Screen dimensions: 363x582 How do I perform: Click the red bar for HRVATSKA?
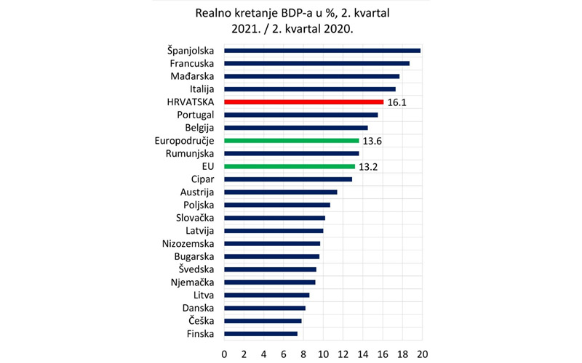(x=303, y=102)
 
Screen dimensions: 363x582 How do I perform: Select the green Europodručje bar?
(x=291, y=141)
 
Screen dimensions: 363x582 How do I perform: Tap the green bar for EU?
(x=290, y=166)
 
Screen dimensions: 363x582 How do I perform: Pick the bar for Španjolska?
(x=322, y=51)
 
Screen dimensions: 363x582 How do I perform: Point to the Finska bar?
(x=260, y=334)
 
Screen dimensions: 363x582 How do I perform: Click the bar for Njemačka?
(x=269, y=282)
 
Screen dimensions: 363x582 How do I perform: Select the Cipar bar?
(x=287, y=179)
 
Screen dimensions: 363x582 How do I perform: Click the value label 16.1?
(x=396, y=102)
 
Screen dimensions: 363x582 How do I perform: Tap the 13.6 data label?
(x=372, y=141)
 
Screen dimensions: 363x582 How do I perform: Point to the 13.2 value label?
(x=369, y=166)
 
